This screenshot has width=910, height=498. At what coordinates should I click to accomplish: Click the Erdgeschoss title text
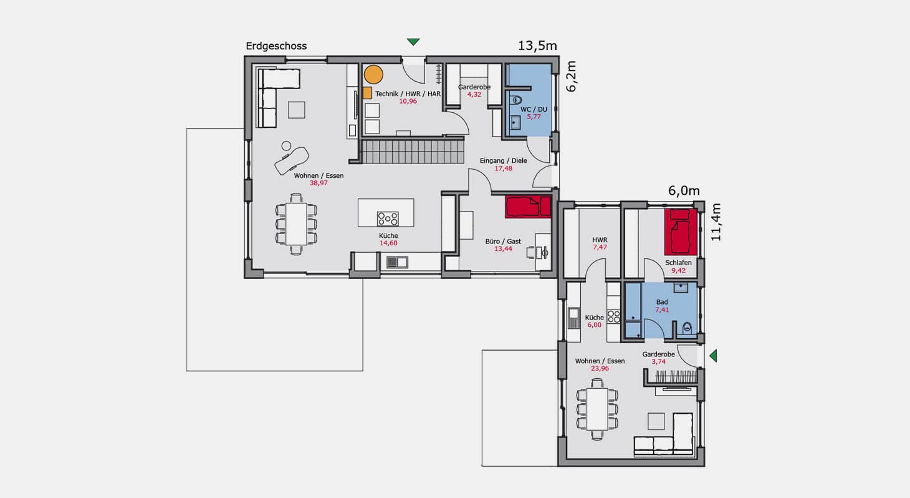276,46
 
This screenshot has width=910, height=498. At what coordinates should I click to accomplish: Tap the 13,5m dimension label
537,46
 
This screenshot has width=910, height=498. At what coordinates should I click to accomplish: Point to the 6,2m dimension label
571,77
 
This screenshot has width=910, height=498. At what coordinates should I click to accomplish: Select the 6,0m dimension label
684,191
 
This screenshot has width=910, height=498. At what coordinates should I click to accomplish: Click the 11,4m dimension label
716,222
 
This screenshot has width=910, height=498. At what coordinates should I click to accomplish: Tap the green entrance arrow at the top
413,42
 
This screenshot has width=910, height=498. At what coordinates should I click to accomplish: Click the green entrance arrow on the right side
713,356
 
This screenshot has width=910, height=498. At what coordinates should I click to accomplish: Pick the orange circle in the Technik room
373,75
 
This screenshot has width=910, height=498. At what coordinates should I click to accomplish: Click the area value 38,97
318,183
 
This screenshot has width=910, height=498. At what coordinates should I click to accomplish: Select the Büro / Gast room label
503,242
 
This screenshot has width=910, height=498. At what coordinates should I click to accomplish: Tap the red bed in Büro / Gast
528,207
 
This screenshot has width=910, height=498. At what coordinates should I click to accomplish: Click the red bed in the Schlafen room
681,232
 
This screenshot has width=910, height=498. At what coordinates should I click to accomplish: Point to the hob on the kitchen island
388,219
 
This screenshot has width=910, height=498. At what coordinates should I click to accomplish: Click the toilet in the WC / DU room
517,100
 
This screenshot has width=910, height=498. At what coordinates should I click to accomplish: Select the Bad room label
662,302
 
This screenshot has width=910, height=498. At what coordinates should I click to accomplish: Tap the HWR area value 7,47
600,247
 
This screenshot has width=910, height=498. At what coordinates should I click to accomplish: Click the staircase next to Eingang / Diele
413,152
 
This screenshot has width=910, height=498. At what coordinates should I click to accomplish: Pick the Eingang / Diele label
504,161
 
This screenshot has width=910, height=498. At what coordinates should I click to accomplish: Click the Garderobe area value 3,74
659,362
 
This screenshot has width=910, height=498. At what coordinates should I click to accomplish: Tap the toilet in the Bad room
687,327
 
